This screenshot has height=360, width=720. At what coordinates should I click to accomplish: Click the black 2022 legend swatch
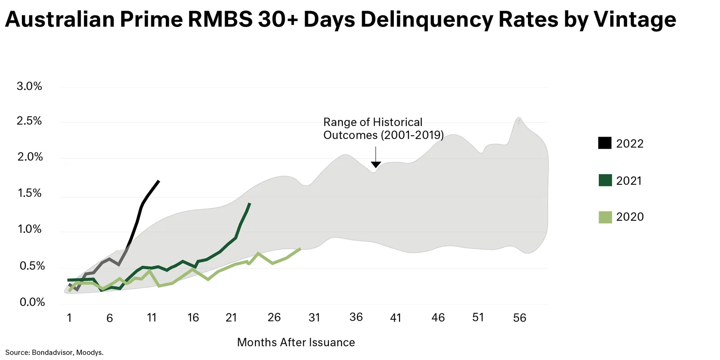click(605, 143)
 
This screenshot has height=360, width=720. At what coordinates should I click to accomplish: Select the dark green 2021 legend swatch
click(605, 180)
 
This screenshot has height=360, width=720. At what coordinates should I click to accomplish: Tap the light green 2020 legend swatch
click(605, 217)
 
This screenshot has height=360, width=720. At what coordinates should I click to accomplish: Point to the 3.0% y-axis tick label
click(30, 86)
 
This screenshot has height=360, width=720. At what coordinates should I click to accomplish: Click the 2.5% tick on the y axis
click(30, 121)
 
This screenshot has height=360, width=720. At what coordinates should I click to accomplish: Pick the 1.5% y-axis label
click(30, 193)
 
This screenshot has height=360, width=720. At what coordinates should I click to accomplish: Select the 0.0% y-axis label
click(32, 302)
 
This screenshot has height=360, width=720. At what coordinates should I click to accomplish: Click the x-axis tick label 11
click(152, 318)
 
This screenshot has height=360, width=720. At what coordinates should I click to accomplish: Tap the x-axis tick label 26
click(274, 318)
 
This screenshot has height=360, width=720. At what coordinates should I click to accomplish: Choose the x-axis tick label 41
click(396, 318)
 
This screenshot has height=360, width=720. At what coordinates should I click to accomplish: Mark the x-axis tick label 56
click(519, 318)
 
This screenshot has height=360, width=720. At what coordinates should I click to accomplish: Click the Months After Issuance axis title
click(296, 342)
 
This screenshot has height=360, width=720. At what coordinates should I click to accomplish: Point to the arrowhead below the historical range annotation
click(376, 165)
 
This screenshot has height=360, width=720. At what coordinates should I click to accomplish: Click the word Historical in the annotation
click(397, 122)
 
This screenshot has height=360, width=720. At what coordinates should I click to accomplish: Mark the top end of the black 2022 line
click(159, 181)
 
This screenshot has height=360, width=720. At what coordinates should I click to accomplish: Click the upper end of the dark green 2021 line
click(250, 204)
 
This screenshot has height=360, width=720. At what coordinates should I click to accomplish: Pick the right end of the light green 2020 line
click(300, 249)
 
